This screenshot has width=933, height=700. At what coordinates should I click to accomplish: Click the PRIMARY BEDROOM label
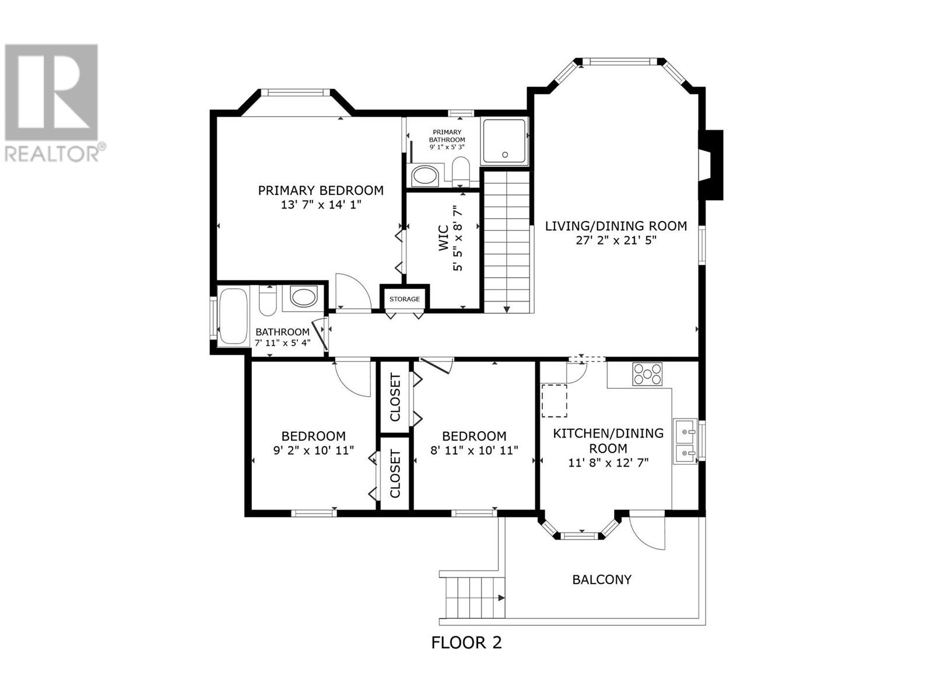pos(321,190)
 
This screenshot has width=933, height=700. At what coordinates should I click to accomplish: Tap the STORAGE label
pos(404,299)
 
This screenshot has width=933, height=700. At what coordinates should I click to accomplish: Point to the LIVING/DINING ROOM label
pos(616,226)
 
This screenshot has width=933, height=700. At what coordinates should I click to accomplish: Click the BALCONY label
pos(602,580)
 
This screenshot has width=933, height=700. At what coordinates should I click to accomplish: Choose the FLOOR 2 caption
pos(466,643)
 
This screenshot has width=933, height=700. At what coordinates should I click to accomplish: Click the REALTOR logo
pos(52,103)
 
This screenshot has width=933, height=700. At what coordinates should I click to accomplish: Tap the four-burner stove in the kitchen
pos(647,374)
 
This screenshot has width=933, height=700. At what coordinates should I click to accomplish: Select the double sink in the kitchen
pos(685,441)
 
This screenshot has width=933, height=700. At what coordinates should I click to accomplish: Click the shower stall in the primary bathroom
pos(504,141)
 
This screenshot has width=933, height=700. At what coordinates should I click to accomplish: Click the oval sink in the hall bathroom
pos(304,296)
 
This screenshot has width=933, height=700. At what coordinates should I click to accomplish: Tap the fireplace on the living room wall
pos(711,165)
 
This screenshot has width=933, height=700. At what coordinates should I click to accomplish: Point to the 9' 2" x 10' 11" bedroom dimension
pos(314,450)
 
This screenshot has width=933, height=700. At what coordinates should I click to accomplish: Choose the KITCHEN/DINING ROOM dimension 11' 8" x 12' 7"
pos(608,463)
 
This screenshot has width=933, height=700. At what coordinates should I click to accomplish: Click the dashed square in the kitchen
pos(554,400)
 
